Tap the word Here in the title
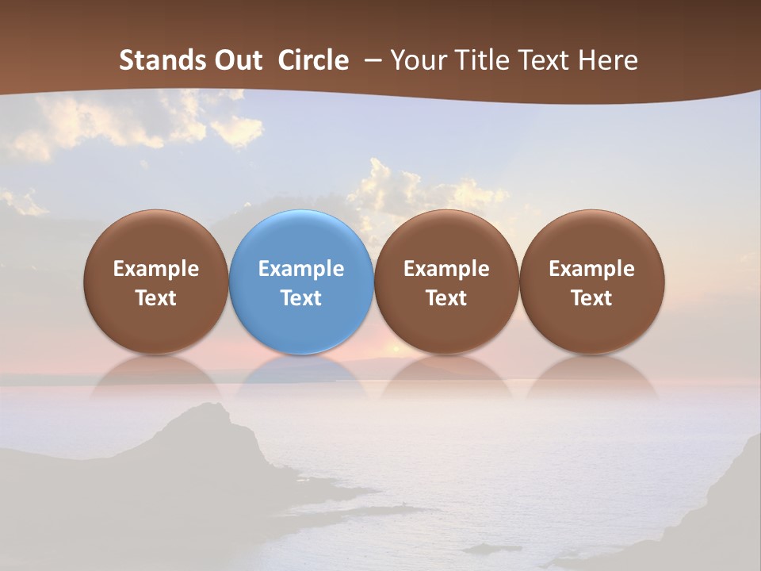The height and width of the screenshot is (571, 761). click(x=607, y=60)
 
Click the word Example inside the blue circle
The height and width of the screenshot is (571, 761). click(x=301, y=269)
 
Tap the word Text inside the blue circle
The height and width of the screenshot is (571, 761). click(x=301, y=298)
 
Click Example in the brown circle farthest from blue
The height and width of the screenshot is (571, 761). click(x=591, y=269)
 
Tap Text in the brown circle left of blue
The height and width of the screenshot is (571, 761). click(x=155, y=298)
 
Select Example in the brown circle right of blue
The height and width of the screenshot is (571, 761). click(x=446, y=269)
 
